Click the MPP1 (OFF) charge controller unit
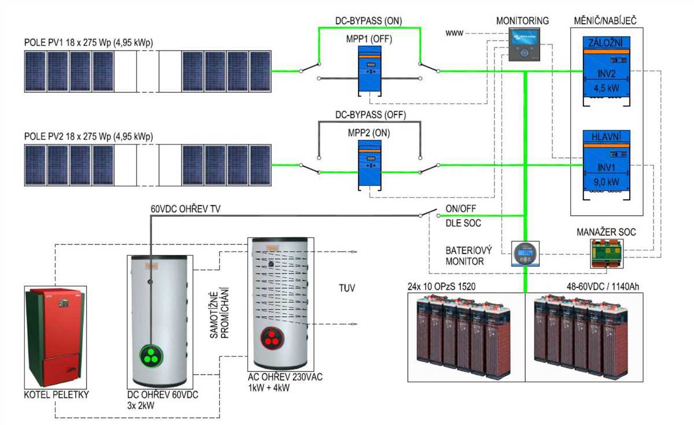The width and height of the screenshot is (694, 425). pyautogui.click(x=368, y=71)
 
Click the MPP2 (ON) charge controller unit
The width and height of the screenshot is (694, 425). pyautogui.click(x=368, y=165)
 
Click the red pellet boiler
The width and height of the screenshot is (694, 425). pyautogui.click(x=56, y=338)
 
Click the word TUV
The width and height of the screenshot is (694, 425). pyautogui.click(x=348, y=287)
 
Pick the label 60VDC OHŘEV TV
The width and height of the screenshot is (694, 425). pyautogui.click(x=186, y=209)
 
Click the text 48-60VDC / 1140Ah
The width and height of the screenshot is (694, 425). pyautogui.click(x=601, y=286)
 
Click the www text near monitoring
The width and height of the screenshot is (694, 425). pyautogui.click(x=453, y=33)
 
